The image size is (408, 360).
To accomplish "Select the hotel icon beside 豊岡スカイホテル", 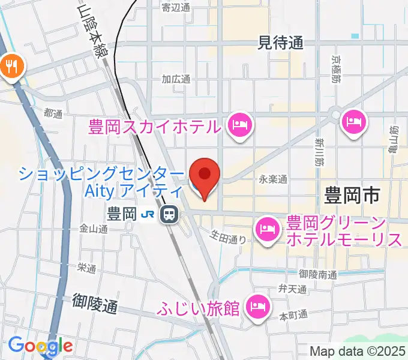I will click(x=240, y=126).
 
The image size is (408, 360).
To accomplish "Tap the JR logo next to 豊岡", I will click(x=148, y=214).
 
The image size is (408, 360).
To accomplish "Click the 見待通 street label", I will click(x=281, y=43).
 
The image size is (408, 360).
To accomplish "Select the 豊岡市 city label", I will click(x=353, y=196).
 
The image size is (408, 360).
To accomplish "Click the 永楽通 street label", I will click(x=274, y=179).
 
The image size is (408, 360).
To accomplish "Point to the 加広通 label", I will click(x=176, y=79).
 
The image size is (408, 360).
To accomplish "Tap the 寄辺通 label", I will click(x=176, y=7).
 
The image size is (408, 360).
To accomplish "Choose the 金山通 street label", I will click(x=93, y=229).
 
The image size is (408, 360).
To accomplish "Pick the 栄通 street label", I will click(x=87, y=268).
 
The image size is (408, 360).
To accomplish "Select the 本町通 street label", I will click(x=293, y=314).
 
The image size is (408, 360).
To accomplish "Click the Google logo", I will click(x=41, y=346).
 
